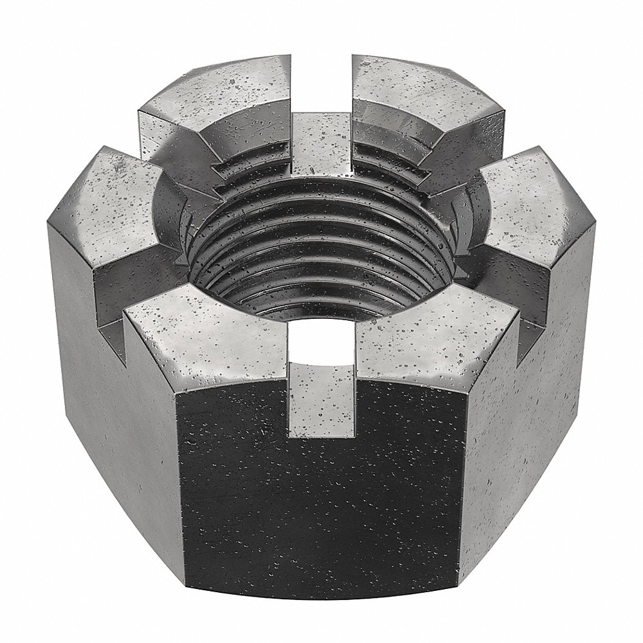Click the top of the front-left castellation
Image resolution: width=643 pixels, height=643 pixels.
click(206, 334)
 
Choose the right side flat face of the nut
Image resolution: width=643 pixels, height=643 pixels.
click(534, 386)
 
